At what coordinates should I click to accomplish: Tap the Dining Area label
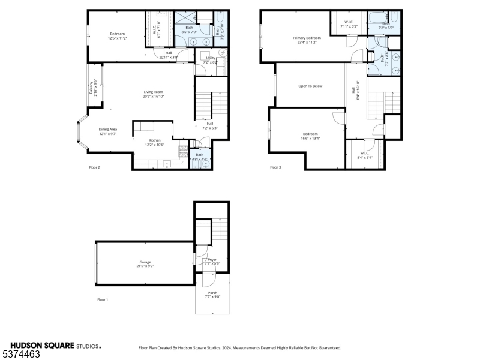(108, 129)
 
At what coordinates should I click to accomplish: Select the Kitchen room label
(155, 140)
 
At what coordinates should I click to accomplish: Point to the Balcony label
(91, 89)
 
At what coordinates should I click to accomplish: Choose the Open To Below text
(310, 86)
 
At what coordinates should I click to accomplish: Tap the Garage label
(145, 262)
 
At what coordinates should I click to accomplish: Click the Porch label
(213, 292)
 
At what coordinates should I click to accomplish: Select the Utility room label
(211, 58)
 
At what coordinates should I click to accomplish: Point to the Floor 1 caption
(103, 299)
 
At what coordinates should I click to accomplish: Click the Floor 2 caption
(94, 167)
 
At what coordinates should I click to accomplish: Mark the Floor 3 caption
(275, 167)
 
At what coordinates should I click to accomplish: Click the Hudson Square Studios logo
(54, 346)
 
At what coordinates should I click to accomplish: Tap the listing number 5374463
(22, 355)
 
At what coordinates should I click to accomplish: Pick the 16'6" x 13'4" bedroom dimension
(310, 138)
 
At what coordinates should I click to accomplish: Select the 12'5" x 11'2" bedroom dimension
(117, 38)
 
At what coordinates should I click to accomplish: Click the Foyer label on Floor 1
(212, 259)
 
